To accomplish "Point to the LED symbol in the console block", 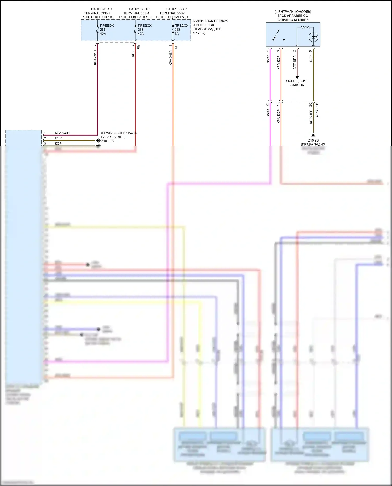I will (x=313, y=37).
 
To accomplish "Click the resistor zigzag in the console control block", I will (x=305, y=27).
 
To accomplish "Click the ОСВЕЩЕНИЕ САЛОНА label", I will (x=297, y=83).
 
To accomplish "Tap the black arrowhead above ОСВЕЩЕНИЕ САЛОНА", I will (x=297, y=77).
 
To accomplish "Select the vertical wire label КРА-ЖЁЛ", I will (x=171, y=58).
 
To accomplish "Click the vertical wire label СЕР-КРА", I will (x=295, y=63).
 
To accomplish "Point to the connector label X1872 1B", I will (x=317, y=110).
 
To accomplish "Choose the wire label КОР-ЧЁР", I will (x=311, y=117).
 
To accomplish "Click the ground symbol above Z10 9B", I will (x=313, y=136).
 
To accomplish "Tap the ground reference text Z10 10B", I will (x=107, y=141).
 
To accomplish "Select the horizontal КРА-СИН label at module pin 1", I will (x=62, y=133).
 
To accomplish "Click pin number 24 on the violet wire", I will (x=267, y=104).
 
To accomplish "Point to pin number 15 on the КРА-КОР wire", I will (x=278, y=104).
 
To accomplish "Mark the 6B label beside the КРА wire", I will (x=139, y=47).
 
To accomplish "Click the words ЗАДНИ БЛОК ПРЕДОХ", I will (x=210, y=21).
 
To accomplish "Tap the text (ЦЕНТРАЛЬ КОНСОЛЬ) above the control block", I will (x=293, y=12).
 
